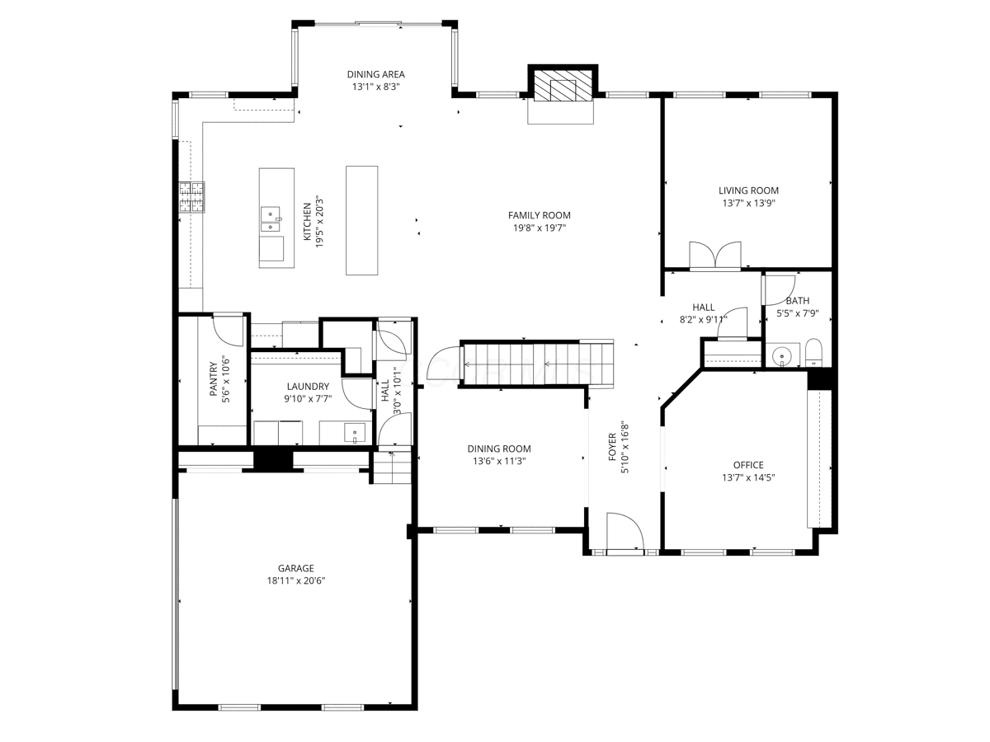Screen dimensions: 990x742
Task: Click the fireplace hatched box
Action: pyautogui.click(x=563, y=85)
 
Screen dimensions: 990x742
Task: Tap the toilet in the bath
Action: pyautogui.click(x=813, y=353)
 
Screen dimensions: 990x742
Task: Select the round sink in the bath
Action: pyautogui.click(x=780, y=357)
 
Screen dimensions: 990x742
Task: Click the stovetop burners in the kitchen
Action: pyautogui.click(x=191, y=197)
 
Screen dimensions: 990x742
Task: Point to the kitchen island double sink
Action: pyautogui.click(x=271, y=219)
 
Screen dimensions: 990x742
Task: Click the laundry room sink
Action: pyautogui.click(x=355, y=433)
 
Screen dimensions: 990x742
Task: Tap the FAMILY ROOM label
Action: pyautogui.click(x=539, y=215)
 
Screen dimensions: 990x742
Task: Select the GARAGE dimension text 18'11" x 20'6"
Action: pyautogui.click(x=296, y=580)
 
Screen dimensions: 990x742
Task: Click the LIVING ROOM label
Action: pyautogui.click(x=748, y=190)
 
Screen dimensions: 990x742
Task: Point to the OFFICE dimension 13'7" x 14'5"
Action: pyautogui.click(x=748, y=477)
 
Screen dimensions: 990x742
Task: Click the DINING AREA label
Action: pyautogui.click(x=375, y=74)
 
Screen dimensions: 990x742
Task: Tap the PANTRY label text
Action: pyautogui.click(x=214, y=379)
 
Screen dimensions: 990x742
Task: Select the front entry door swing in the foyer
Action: pyautogui.click(x=625, y=531)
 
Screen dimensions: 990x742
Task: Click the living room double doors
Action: pyautogui.click(x=715, y=256)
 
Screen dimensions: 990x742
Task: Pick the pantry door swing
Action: pyautogui.click(x=229, y=331)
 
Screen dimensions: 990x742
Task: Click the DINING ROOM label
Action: pyautogui.click(x=499, y=448)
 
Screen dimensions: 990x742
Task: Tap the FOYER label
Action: pyautogui.click(x=612, y=447)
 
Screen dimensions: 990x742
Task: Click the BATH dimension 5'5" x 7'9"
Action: pyautogui.click(x=798, y=313)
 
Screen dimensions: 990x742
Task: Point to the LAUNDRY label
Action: pyautogui.click(x=308, y=386)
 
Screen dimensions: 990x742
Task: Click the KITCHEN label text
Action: pyautogui.click(x=307, y=222)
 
